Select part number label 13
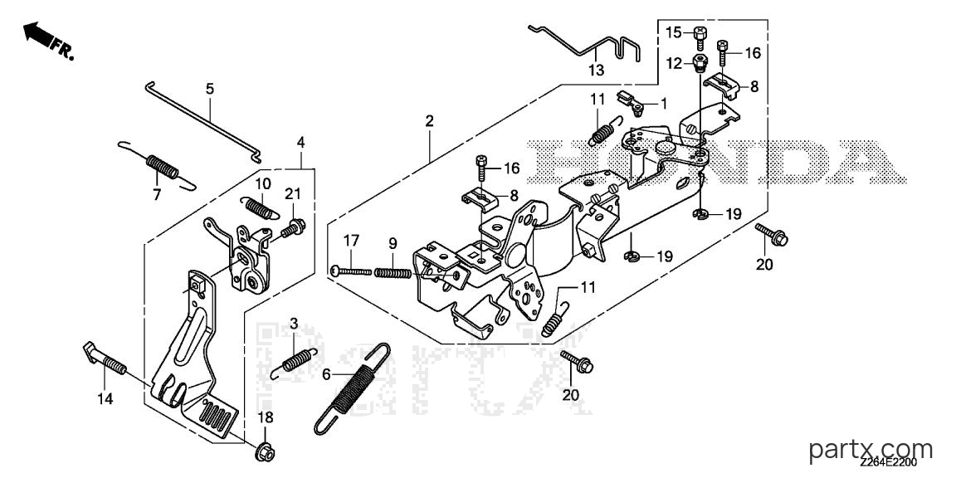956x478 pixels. (x=597, y=70)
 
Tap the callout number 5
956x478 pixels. (x=210, y=89)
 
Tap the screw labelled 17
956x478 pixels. (x=352, y=270)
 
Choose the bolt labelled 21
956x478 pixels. (x=293, y=230)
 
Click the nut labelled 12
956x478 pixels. (x=698, y=62)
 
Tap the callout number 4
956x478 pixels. (x=300, y=143)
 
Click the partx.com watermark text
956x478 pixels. (x=872, y=451)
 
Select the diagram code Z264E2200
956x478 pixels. (x=888, y=468)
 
